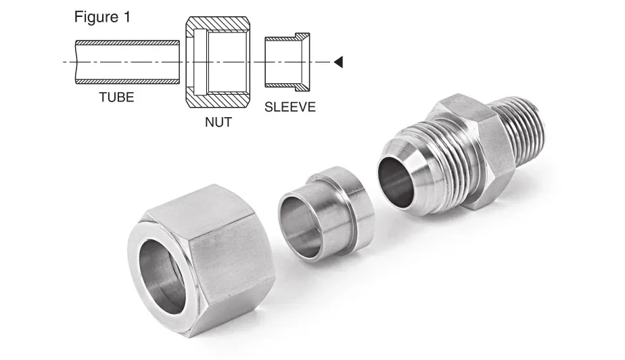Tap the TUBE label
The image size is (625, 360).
pyautogui.click(x=116, y=97)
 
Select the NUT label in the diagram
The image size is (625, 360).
pyautogui.click(x=218, y=123)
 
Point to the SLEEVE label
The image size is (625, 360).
pyautogui.click(x=290, y=107)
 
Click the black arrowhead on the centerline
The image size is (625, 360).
pyautogui.click(x=340, y=62)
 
